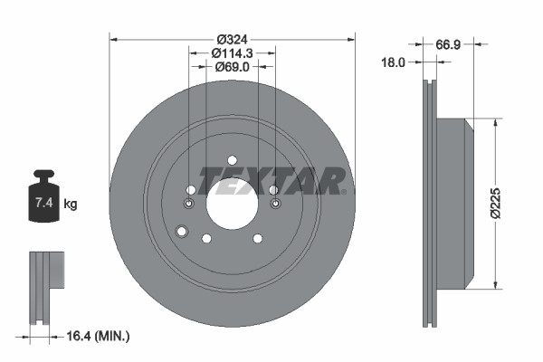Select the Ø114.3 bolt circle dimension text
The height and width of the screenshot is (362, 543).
click(x=232, y=53)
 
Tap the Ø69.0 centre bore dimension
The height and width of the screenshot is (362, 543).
click(x=232, y=70)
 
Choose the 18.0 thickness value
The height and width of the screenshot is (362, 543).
click(x=393, y=62)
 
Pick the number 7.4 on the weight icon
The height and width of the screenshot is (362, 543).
click(x=43, y=204)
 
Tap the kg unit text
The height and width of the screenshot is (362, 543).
click(x=71, y=205)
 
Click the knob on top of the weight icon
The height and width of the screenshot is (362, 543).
click(x=43, y=175)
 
